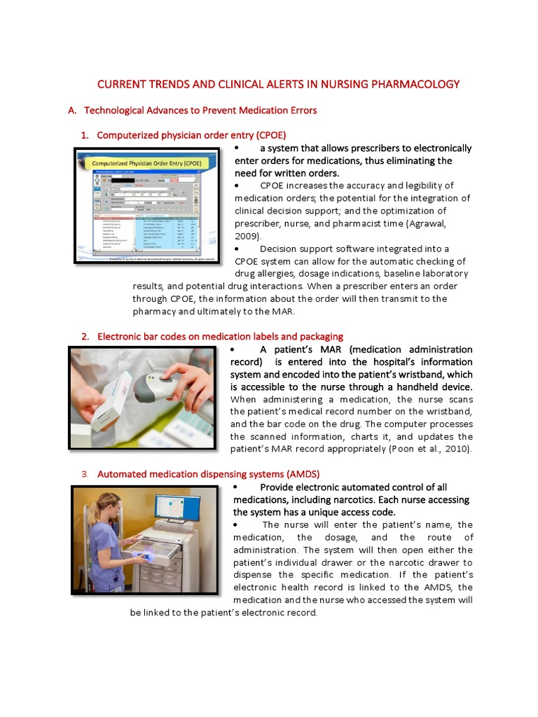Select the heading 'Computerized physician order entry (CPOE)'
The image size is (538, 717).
[191, 134]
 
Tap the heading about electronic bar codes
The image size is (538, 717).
[220, 336]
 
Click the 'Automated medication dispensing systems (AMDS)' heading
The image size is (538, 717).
[208, 474]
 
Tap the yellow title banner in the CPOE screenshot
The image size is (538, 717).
[146, 163]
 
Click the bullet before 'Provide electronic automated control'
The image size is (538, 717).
[237, 487]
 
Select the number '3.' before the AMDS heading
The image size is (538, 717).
[85, 474]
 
